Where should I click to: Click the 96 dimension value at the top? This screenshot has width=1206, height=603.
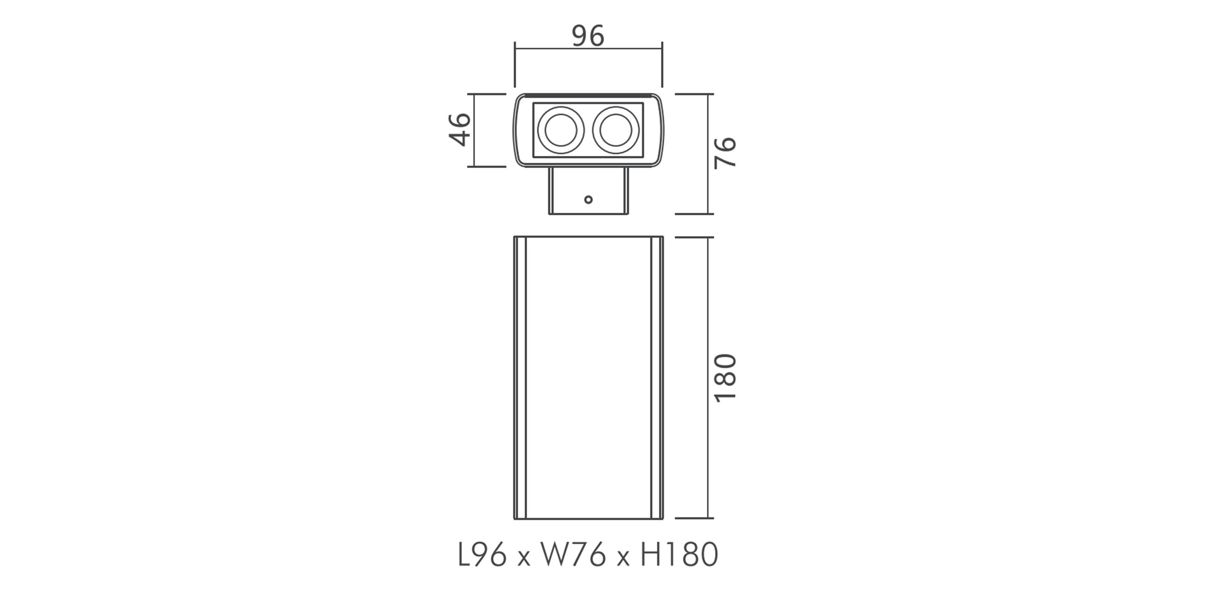click(588, 36)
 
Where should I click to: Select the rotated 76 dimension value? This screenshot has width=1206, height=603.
click(725, 152)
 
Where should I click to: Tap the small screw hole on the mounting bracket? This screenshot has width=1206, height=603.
click(589, 200)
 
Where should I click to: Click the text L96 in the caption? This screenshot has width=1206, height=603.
click(482, 555)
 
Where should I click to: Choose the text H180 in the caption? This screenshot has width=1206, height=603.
click(679, 555)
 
